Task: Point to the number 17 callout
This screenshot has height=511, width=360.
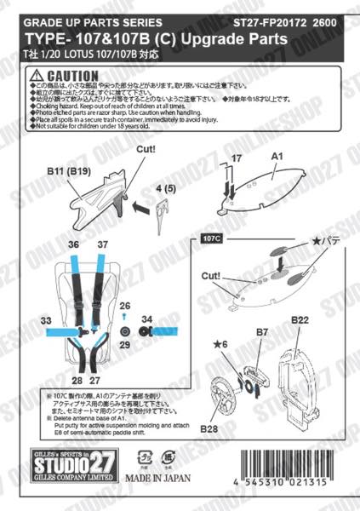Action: (x=237, y=158)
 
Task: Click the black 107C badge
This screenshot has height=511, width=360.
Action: (x=212, y=238)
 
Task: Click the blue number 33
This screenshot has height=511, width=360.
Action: (x=46, y=320)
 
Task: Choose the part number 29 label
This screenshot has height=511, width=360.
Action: (x=125, y=347)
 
